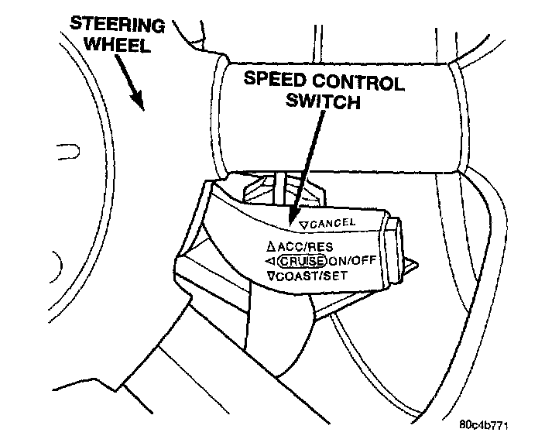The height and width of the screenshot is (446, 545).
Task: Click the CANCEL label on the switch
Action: [331, 222]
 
